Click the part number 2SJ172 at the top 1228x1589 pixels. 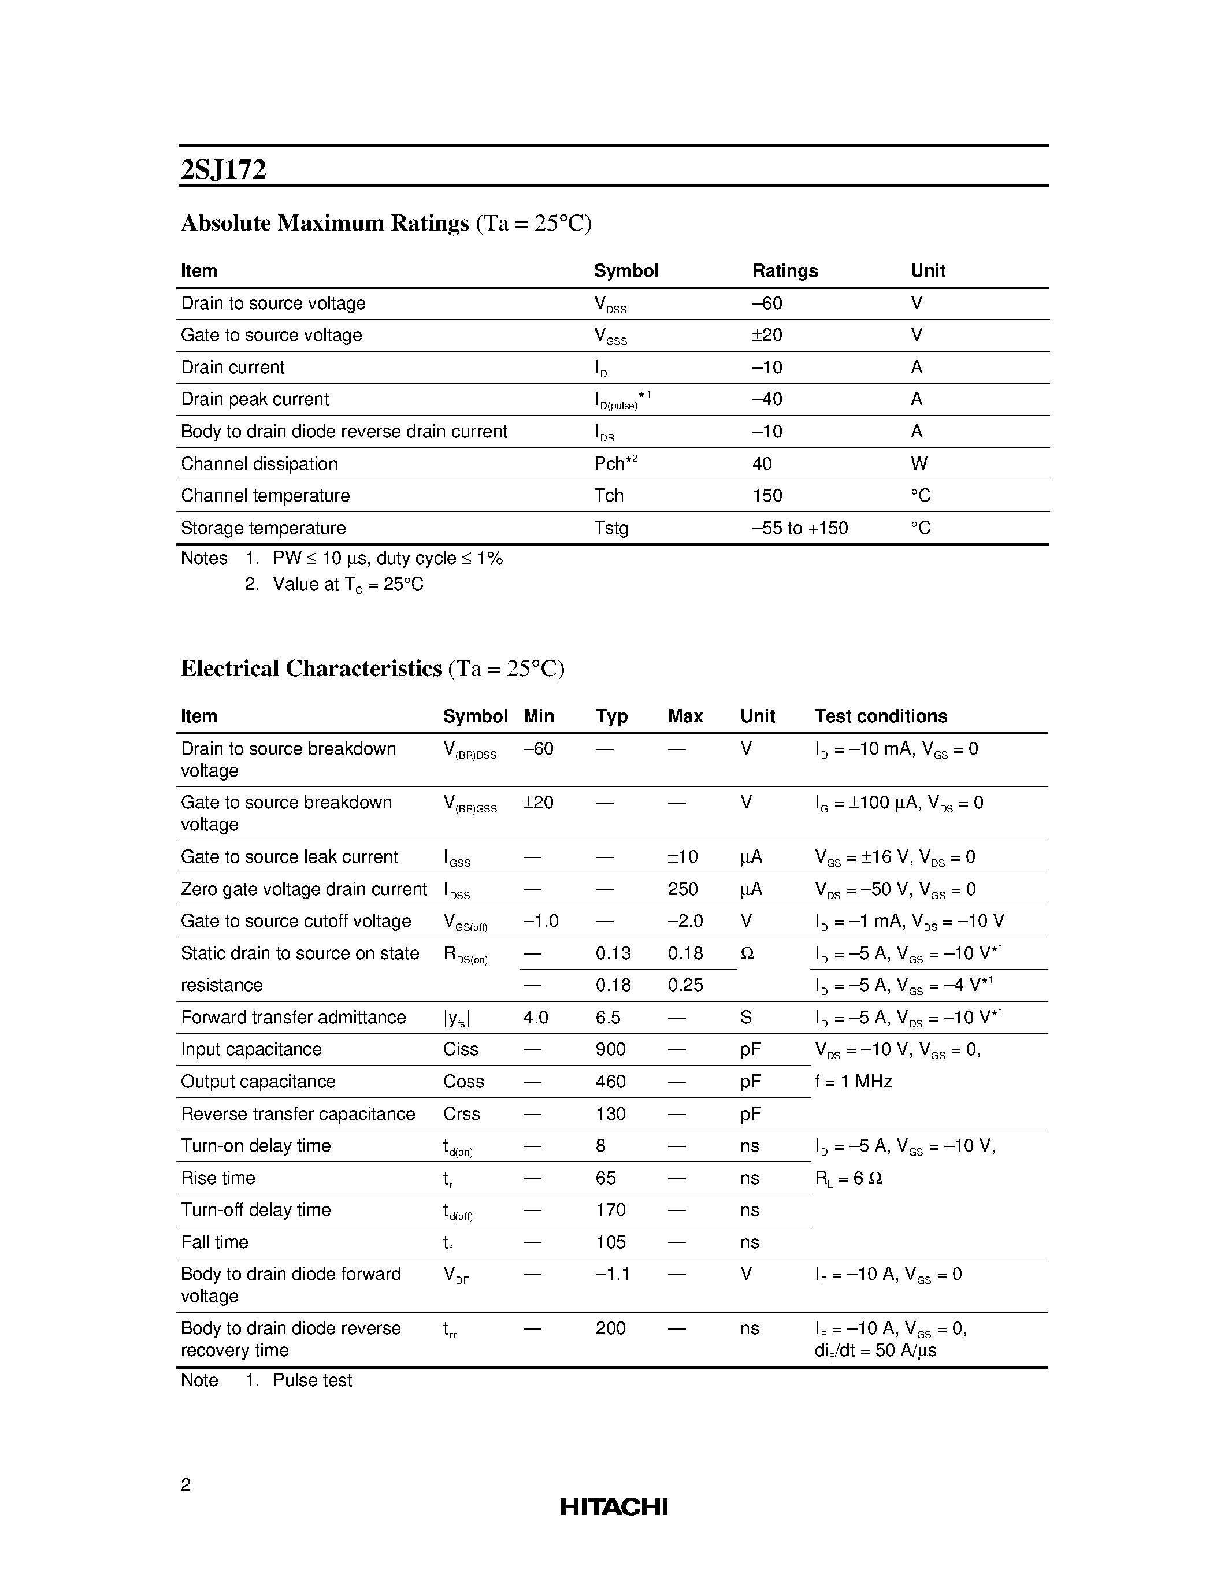coord(223,169)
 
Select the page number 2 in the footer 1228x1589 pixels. coord(186,1484)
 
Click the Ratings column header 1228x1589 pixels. coord(784,270)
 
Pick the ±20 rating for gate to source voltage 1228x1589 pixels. coord(767,335)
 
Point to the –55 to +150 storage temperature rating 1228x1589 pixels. coord(800,528)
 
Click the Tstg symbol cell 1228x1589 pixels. coord(610,528)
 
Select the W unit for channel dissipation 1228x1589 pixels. coord(918,463)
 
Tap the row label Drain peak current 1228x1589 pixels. coord(255,399)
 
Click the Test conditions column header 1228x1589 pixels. coord(880,716)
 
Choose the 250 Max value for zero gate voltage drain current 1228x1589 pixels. coord(682,889)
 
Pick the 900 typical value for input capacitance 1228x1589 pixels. coord(610,1049)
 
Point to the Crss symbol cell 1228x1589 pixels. coord(461,1113)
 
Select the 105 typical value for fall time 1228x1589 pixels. coord(610,1242)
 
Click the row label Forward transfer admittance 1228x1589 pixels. coord(293,1017)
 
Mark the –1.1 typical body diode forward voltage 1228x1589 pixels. coord(612,1274)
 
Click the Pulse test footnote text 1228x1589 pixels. coord(312,1380)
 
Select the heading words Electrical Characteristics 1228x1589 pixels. coord(311,668)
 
